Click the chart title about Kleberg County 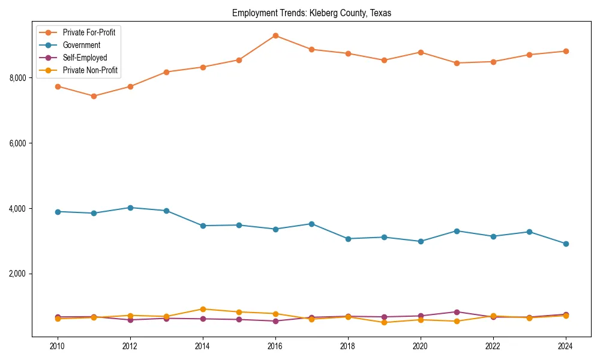311,13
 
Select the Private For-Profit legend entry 89,32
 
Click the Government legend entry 81,45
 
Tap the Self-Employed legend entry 85,58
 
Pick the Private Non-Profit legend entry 90,70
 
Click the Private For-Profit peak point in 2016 275,35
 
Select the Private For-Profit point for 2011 94,96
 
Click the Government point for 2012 130,208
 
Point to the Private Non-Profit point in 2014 203,309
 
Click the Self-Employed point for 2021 457,312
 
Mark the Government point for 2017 311,224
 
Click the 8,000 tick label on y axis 17,78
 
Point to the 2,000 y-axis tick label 17,274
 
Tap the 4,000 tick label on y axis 17,209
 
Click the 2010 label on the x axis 58,346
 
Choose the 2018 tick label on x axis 348,346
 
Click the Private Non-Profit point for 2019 384,322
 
